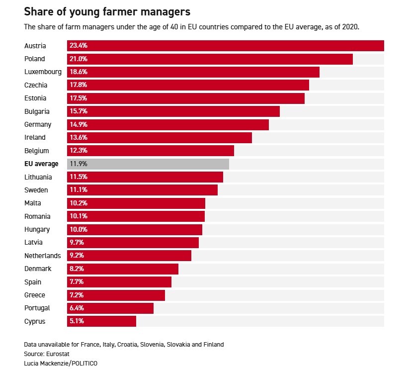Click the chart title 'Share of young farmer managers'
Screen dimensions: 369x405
coord(107,10)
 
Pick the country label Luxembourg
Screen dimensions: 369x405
coord(43,72)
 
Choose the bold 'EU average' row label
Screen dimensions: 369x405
coord(41,164)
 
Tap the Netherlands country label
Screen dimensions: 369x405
coord(43,256)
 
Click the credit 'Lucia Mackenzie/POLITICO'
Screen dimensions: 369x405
coord(61,363)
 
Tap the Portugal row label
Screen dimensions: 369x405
coord(37,308)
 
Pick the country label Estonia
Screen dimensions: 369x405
coord(36,98)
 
